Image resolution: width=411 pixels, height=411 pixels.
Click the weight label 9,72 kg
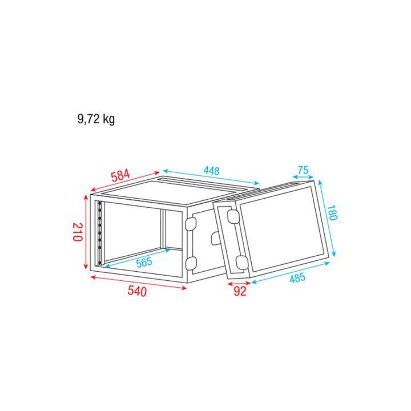tap(96, 119)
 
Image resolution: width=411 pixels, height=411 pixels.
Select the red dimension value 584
tap(120, 176)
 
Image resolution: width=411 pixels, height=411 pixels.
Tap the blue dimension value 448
tap(212, 171)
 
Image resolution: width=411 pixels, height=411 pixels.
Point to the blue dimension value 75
tap(303, 170)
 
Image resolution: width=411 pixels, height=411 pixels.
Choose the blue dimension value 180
tap(332, 212)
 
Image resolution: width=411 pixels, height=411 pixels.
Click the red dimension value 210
tap(78, 232)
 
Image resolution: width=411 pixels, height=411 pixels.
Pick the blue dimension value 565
tap(144, 262)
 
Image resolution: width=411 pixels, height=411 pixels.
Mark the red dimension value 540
tap(137, 292)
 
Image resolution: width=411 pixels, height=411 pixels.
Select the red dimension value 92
tap(240, 291)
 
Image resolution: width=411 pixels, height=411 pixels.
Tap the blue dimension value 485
tap(297, 278)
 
